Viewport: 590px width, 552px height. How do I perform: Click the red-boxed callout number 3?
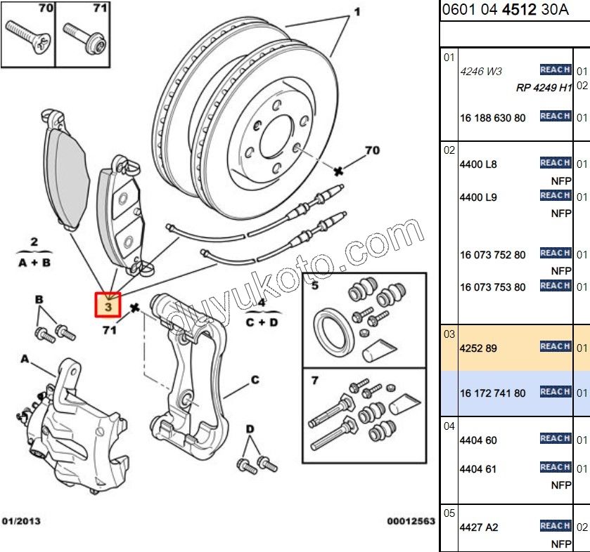108,306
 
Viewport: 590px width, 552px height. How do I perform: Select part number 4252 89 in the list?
478,348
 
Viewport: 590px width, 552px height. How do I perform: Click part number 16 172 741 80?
492,393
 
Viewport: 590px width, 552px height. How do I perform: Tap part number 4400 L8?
478,164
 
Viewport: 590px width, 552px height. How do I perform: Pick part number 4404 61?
478,468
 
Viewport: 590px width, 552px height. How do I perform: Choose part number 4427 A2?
479,527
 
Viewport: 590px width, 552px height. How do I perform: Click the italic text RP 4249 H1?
544,88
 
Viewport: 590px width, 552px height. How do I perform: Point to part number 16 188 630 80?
492,118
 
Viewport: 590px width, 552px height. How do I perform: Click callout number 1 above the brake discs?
357,12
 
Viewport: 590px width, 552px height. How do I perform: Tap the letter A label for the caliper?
25,359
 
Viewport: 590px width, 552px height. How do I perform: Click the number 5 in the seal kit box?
315,286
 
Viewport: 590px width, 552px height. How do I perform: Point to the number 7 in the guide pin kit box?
315,381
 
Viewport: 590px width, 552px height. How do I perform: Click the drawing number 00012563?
411,521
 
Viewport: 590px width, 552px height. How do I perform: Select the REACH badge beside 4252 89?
555,346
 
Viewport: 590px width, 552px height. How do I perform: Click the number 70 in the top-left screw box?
46,9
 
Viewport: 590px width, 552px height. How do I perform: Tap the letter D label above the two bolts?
250,429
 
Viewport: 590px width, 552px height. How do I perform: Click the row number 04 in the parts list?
449,426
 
